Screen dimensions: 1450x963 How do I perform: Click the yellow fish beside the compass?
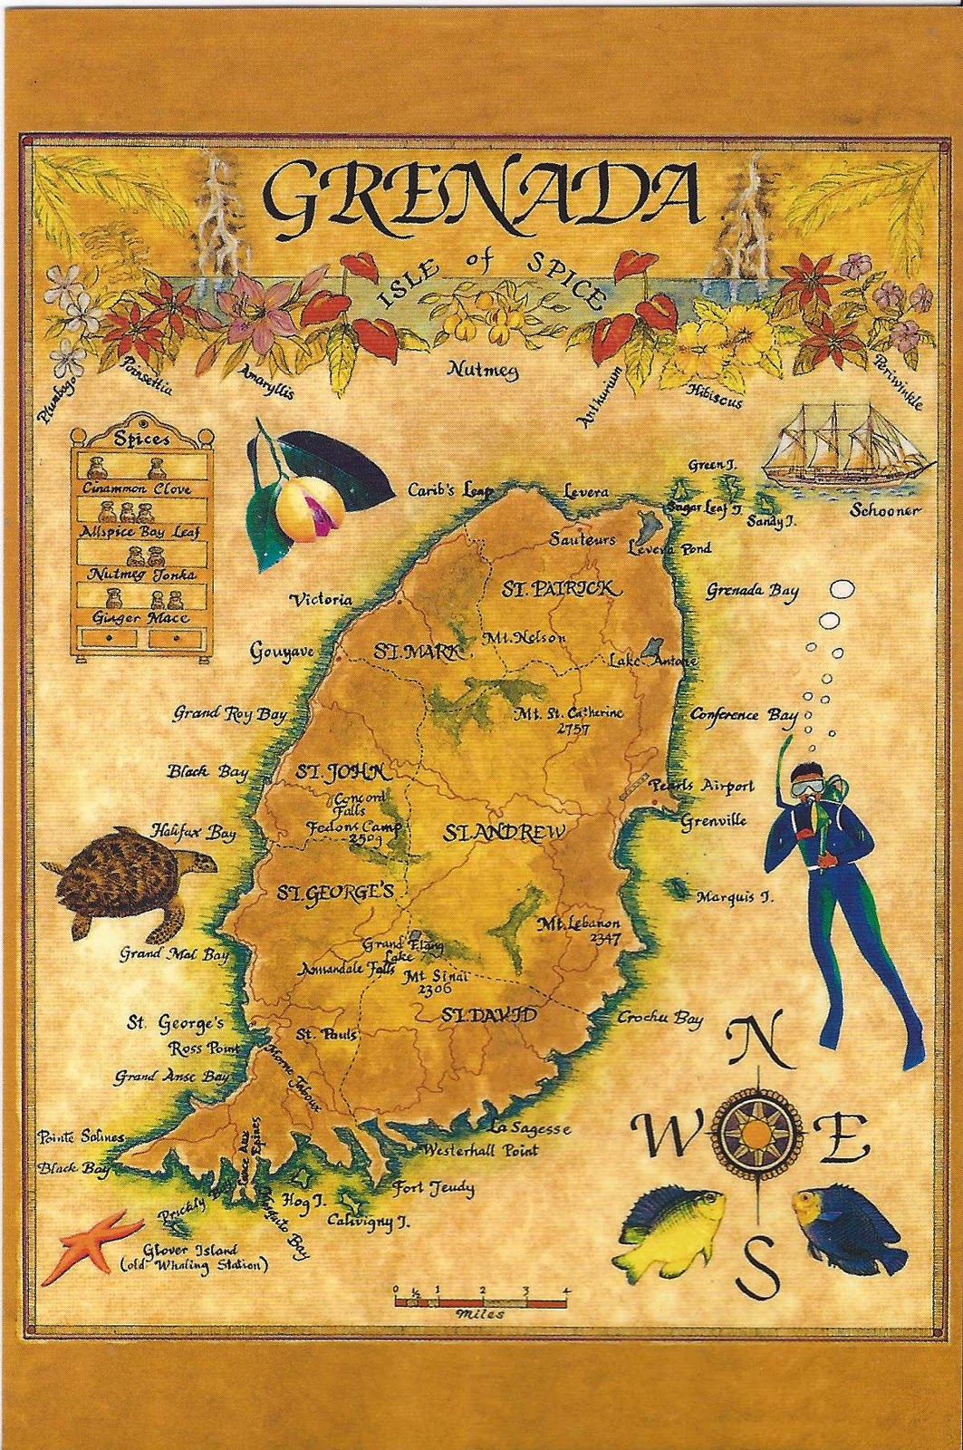click(670, 1232)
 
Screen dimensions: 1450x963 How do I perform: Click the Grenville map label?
click(714, 821)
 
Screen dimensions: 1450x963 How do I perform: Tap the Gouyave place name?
click(283, 652)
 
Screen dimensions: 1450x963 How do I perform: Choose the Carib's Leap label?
click(449, 490)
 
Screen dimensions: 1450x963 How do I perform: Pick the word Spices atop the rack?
click(141, 438)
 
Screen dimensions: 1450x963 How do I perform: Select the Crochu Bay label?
click(660, 1018)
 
